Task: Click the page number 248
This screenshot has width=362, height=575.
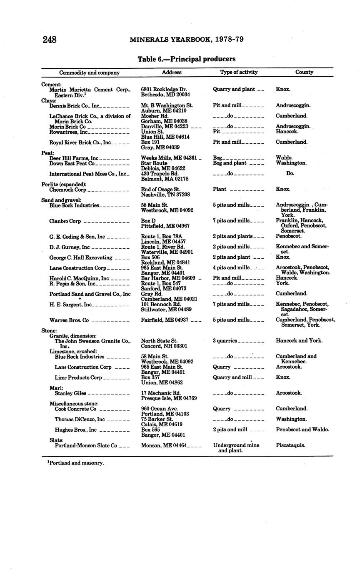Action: coord(49,40)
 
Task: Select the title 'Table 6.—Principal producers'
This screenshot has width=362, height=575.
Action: coord(186,59)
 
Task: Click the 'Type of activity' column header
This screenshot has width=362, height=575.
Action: coord(239,72)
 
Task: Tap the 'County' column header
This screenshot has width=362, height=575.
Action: coord(304,72)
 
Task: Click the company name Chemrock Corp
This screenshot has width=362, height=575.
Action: coord(67,190)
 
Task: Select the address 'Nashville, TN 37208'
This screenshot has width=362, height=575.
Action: coord(165,195)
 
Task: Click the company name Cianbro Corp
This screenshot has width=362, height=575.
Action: coord(65,221)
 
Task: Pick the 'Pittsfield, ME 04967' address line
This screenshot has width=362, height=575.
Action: coord(165,226)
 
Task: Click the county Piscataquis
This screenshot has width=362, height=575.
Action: coord(290,445)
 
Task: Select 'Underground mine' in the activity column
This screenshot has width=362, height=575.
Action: coord(236,445)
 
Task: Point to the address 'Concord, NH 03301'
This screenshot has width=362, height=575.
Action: coord(164,346)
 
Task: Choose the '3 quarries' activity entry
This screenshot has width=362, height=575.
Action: coord(225,341)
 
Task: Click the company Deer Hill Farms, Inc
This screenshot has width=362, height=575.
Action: coord(74,158)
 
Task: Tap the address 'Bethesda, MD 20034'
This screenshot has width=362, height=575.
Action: coord(165,95)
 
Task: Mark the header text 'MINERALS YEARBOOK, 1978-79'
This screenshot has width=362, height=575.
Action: coord(186,40)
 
